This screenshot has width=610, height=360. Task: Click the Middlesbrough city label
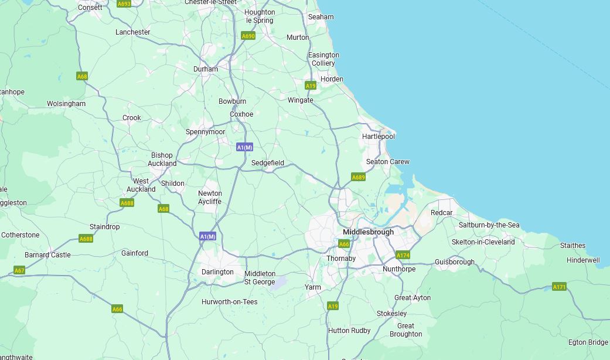(x=368, y=232)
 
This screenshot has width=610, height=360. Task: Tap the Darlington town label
(x=217, y=272)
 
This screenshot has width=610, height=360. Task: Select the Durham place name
(x=206, y=69)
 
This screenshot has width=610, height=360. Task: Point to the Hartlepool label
(x=379, y=137)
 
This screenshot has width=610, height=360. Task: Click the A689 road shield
(x=358, y=177)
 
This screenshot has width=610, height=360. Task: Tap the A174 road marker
(x=403, y=255)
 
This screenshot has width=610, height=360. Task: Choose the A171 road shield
(x=559, y=287)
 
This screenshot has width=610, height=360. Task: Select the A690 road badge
(x=248, y=36)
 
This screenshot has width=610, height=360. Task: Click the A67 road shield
(x=19, y=270)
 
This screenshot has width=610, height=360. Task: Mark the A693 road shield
(x=124, y=4)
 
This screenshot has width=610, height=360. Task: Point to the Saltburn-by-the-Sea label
(x=489, y=225)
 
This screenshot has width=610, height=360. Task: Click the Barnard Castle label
(x=47, y=255)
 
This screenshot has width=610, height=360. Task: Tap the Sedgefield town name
(x=268, y=163)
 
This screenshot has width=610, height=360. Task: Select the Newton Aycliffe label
(x=210, y=198)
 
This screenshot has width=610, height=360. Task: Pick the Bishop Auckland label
(x=162, y=159)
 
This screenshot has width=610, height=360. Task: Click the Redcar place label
(x=441, y=213)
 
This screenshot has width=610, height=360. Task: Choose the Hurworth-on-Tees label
(x=230, y=302)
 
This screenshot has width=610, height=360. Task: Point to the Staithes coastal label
(x=572, y=246)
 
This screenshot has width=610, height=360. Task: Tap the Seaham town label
(x=321, y=17)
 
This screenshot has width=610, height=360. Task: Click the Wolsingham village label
(x=66, y=104)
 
